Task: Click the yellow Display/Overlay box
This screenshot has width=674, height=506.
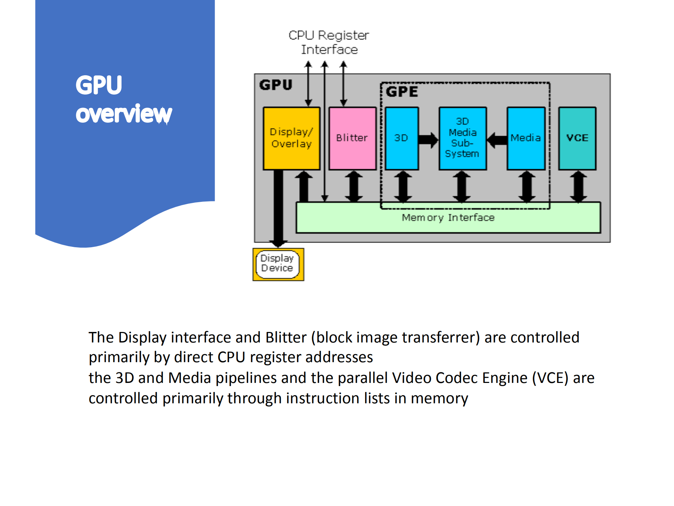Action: pos(292,138)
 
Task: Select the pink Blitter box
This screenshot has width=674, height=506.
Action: pos(352,138)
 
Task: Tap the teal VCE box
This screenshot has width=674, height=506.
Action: pos(577,138)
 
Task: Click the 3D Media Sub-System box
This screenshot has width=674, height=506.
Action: pos(462,138)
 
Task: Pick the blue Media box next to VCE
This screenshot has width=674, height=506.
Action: pos(526,138)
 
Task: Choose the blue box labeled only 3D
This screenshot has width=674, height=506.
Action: pos(401,138)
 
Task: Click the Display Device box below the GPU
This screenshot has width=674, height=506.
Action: pos(278,264)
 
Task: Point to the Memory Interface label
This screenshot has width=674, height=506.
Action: pos(448,218)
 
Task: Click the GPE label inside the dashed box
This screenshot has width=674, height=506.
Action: pos(402,92)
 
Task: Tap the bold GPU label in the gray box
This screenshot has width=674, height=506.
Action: pos(276,85)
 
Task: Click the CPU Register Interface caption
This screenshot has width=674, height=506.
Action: pos(329,42)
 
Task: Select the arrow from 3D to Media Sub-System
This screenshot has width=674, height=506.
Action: pos(428,140)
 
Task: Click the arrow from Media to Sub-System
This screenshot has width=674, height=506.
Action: pos(497,140)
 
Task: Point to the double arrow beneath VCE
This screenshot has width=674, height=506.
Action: pos(578,186)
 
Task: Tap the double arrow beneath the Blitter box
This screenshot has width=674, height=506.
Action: pos(353,186)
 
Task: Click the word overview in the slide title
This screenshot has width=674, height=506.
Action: pos(124,114)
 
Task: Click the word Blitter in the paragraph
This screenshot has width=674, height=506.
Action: pos(286,337)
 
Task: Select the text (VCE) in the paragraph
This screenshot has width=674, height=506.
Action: pos(550,378)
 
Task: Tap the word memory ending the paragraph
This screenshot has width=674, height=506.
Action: pos(439,398)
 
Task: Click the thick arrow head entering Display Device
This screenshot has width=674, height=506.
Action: pos(278,243)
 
